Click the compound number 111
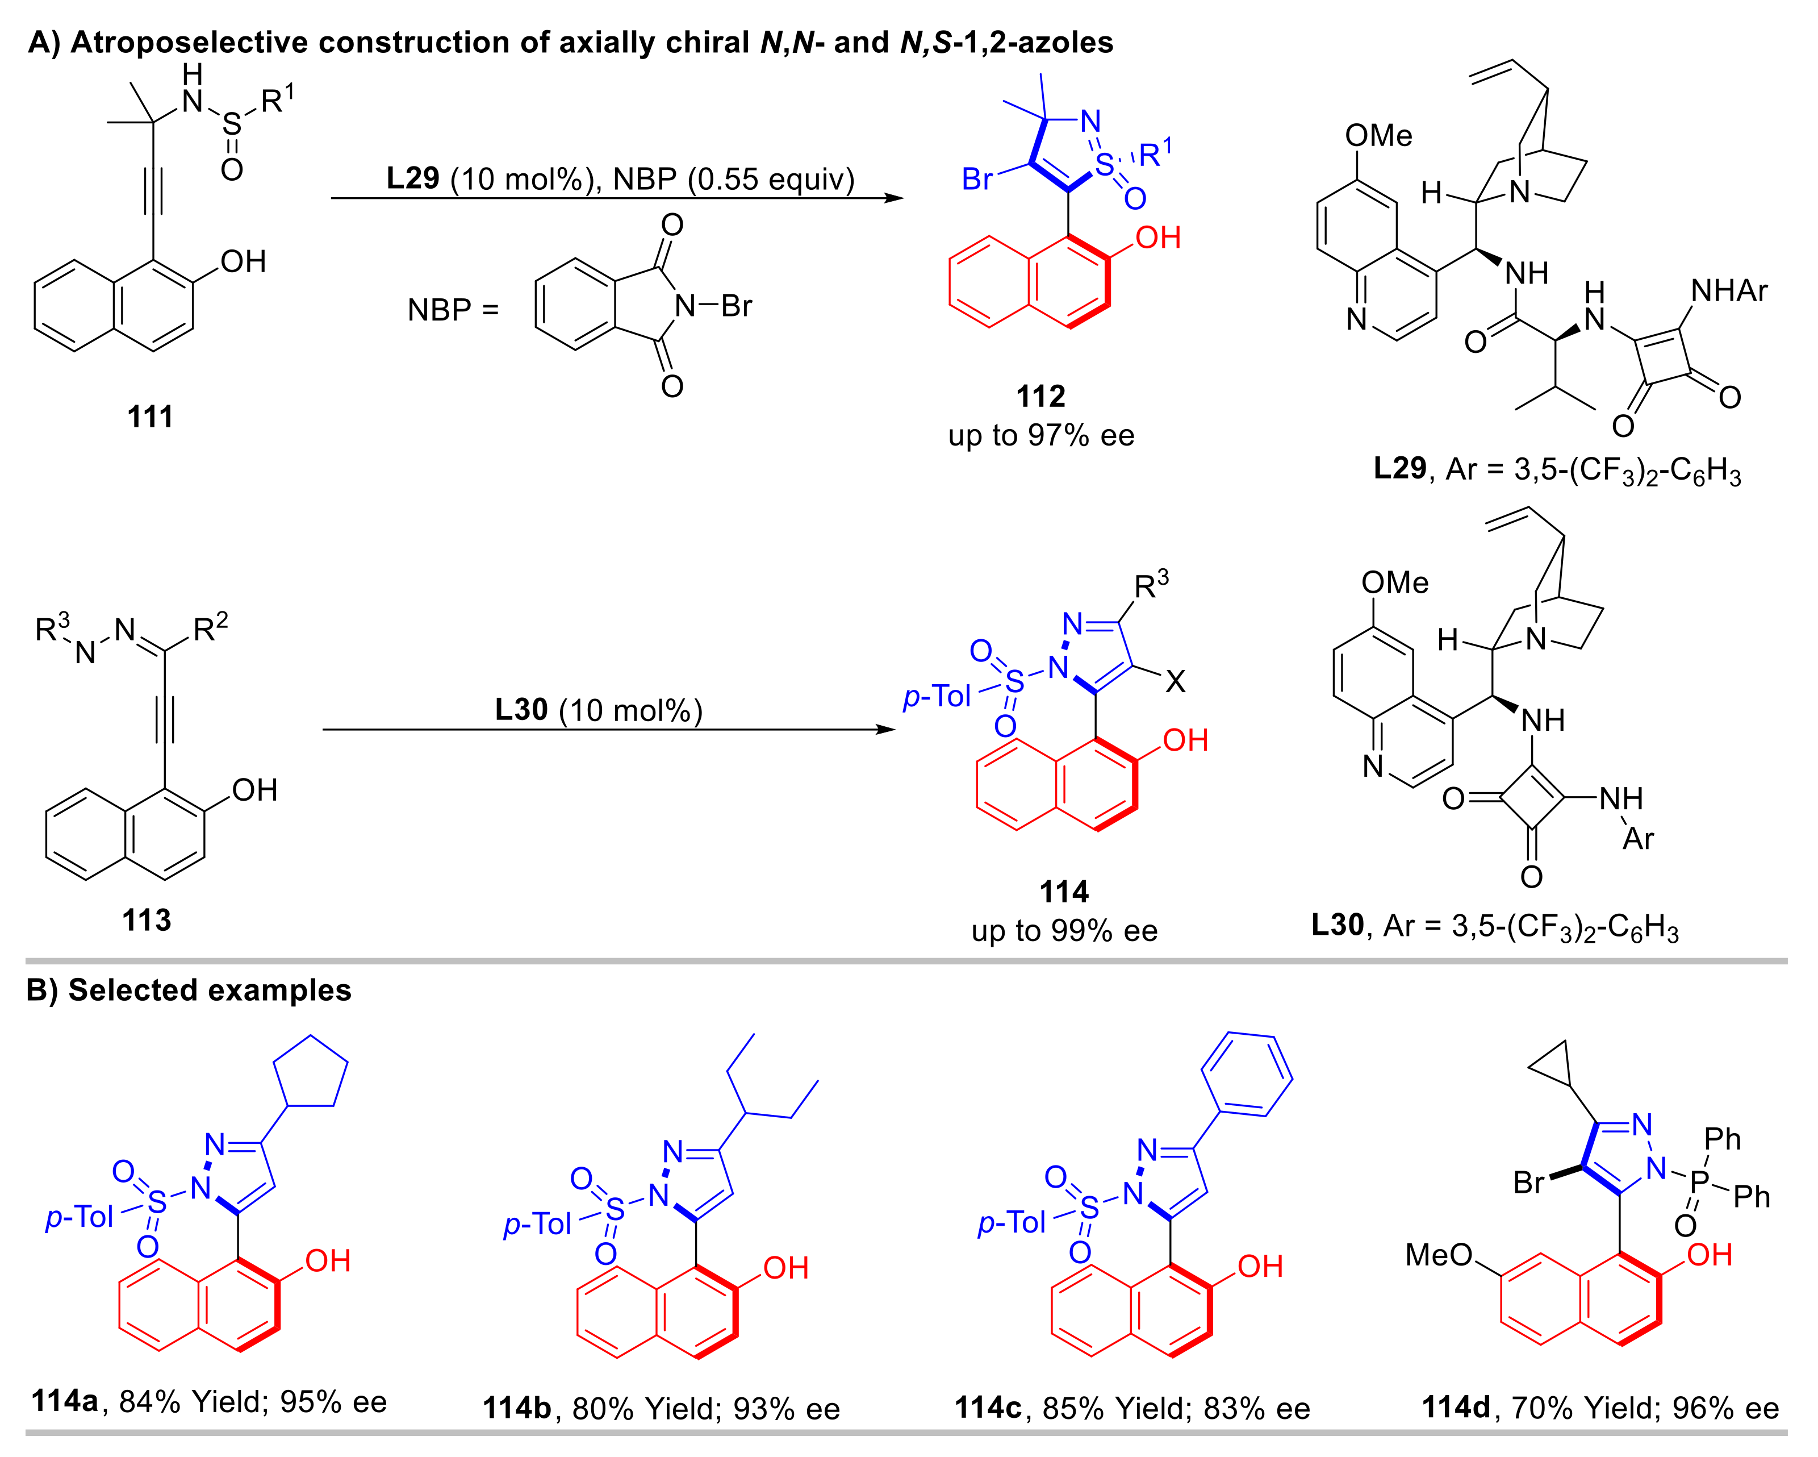point(150,416)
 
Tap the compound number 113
point(147,919)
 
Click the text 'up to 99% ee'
point(1064,931)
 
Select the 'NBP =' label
point(453,310)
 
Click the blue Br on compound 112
point(977,179)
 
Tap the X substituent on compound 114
point(1175,682)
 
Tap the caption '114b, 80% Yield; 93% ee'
point(661,1408)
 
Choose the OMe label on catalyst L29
point(1378,135)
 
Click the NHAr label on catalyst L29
point(1729,291)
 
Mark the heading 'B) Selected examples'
point(189,990)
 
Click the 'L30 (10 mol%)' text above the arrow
point(599,710)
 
